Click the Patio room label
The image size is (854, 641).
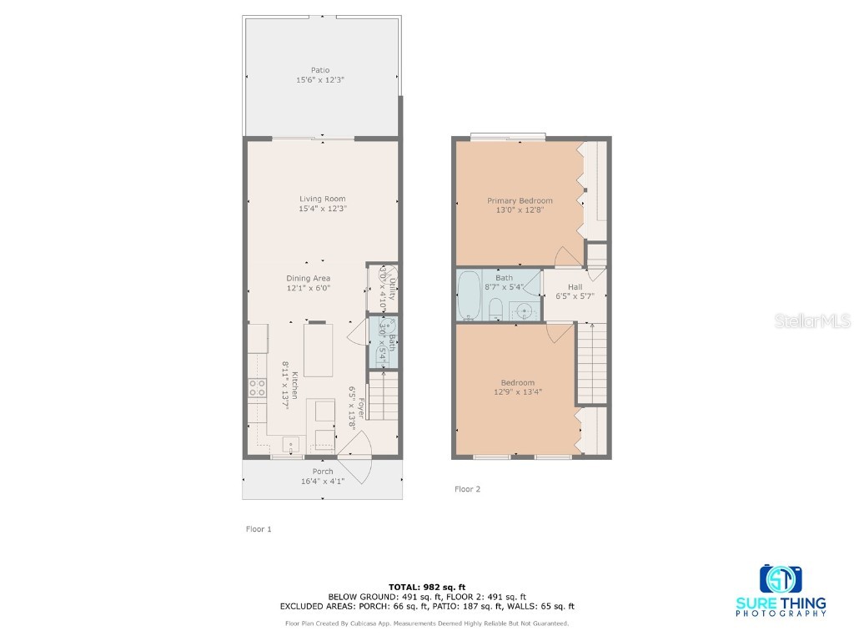click(320, 70)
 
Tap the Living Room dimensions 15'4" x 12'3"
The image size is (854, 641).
click(322, 209)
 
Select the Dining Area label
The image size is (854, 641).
click(309, 278)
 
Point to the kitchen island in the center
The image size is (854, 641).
click(318, 351)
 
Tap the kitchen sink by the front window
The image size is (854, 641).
click(291, 443)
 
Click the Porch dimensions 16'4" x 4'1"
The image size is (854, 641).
click(322, 482)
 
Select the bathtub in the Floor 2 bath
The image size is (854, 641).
click(470, 295)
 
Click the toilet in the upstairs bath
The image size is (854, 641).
click(495, 309)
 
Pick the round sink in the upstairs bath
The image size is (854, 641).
click(523, 310)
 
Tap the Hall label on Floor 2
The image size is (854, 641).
click(575, 286)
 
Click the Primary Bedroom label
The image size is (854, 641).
click(520, 200)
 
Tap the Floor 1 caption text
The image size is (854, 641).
click(259, 529)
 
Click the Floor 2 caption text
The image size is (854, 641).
click(467, 489)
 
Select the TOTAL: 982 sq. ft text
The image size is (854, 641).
click(426, 586)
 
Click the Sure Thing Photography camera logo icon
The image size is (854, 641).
click(781, 578)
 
